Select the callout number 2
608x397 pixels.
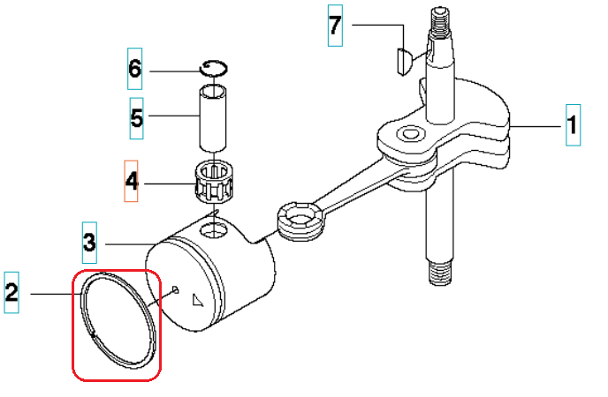[x=11, y=292]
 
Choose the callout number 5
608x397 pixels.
[x=136, y=116]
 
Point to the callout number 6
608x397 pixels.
[x=135, y=68]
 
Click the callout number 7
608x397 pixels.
[x=334, y=25]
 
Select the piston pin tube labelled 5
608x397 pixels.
[x=213, y=117]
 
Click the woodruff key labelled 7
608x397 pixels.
[x=399, y=61]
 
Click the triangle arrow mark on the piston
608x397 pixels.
[x=195, y=300]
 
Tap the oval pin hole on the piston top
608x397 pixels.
[x=213, y=231]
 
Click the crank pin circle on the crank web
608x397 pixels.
[x=408, y=134]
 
